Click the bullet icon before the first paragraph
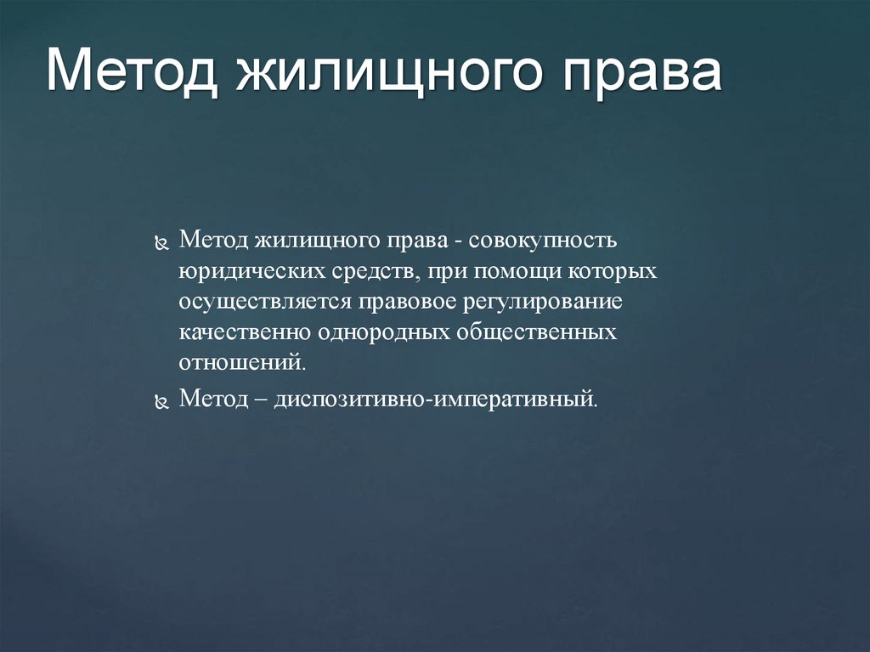pyautogui.click(x=162, y=243)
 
